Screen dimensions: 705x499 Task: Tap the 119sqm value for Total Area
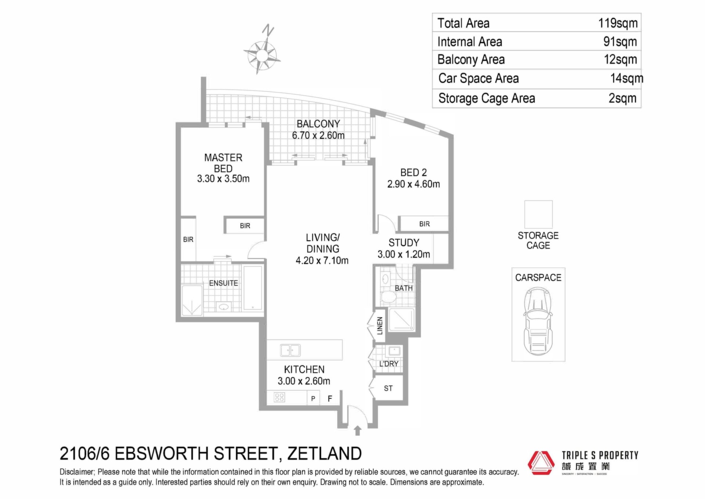point(618,23)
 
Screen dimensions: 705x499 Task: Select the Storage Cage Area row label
point(487,98)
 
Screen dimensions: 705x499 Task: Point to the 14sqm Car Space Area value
point(627,78)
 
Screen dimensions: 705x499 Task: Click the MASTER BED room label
point(223,163)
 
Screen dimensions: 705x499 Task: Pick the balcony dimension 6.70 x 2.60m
point(318,135)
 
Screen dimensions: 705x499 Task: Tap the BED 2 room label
point(413,172)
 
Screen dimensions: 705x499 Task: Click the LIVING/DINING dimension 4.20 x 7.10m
point(322,260)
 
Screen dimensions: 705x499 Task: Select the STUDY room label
point(404,243)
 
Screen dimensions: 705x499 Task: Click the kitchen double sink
point(290,350)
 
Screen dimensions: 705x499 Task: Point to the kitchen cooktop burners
point(279,397)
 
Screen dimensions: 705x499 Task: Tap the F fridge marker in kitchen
point(330,398)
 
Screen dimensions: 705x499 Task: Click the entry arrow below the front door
point(358,431)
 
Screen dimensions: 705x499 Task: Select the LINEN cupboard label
point(380,325)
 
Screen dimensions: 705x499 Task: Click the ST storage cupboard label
point(388,388)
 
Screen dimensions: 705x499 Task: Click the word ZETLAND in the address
point(325,453)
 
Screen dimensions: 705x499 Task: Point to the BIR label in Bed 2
point(424,224)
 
